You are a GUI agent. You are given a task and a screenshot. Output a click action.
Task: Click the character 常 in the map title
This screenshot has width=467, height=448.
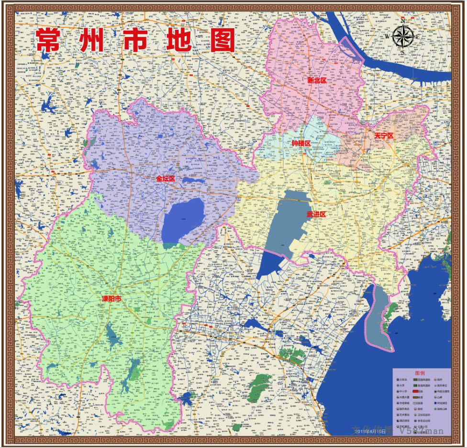[x=48, y=40]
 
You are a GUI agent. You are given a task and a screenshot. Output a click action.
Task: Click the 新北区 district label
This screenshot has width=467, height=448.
[x=317, y=80]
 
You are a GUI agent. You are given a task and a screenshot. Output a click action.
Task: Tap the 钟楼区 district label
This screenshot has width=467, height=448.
[x=301, y=143]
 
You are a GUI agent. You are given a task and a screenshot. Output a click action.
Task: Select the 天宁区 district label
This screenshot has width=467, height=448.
[x=384, y=136]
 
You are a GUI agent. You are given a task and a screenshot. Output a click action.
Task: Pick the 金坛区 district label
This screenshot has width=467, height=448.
[x=166, y=178]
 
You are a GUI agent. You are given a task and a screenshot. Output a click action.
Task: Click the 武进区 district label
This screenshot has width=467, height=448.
[x=316, y=214]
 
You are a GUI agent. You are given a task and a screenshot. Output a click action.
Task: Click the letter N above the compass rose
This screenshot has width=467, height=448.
[x=403, y=22]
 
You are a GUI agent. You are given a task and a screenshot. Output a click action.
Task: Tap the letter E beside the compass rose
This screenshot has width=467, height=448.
[x=418, y=37]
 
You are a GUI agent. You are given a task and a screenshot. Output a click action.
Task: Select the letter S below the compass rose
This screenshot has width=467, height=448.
[x=403, y=52]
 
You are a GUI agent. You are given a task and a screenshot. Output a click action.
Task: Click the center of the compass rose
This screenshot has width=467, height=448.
[x=403, y=37]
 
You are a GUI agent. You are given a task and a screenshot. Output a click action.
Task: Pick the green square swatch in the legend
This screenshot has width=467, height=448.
[x=436, y=409]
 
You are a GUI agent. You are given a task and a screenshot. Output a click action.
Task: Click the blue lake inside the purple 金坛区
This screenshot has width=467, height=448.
[x=184, y=220]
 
